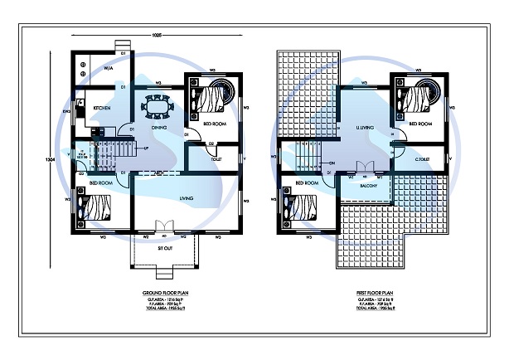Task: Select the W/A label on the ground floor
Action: (x=108, y=69)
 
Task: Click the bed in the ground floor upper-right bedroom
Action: (x=213, y=98)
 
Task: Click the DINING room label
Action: (x=160, y=129)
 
